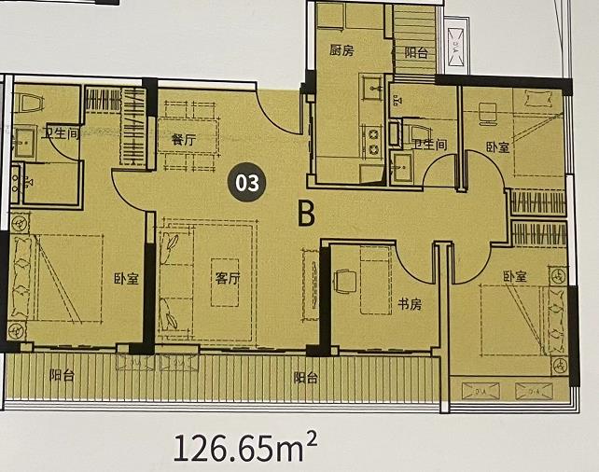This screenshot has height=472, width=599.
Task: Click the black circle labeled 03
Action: [246, 183]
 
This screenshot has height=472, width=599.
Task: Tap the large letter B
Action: [306, 214]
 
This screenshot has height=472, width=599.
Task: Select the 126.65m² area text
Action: [245, 446]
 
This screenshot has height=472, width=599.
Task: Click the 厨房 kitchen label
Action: [341, 50]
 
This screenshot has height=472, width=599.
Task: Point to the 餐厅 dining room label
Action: [184, 139]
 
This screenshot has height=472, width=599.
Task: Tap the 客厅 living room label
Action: [228, 278]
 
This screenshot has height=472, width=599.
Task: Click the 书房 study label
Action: [410, 304]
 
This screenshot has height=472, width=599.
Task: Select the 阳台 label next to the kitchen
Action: [416, 52]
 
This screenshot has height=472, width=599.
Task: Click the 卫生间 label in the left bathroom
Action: [61, 133]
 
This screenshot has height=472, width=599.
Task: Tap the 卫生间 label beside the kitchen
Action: [430, 144]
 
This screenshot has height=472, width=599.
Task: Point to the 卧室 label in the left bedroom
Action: [127, 279]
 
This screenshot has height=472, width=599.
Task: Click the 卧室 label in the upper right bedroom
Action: [497, 146]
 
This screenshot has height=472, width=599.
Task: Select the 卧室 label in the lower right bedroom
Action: [515, 276]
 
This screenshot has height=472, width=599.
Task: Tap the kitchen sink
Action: [372, 88]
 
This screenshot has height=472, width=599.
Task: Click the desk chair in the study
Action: [345, 282]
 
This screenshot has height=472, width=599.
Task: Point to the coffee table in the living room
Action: [225, 283]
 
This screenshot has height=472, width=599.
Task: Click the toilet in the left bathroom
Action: [31, 104]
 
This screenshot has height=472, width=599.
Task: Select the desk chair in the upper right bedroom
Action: [488, 114]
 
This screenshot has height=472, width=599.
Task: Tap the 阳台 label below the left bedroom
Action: [62, 376]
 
